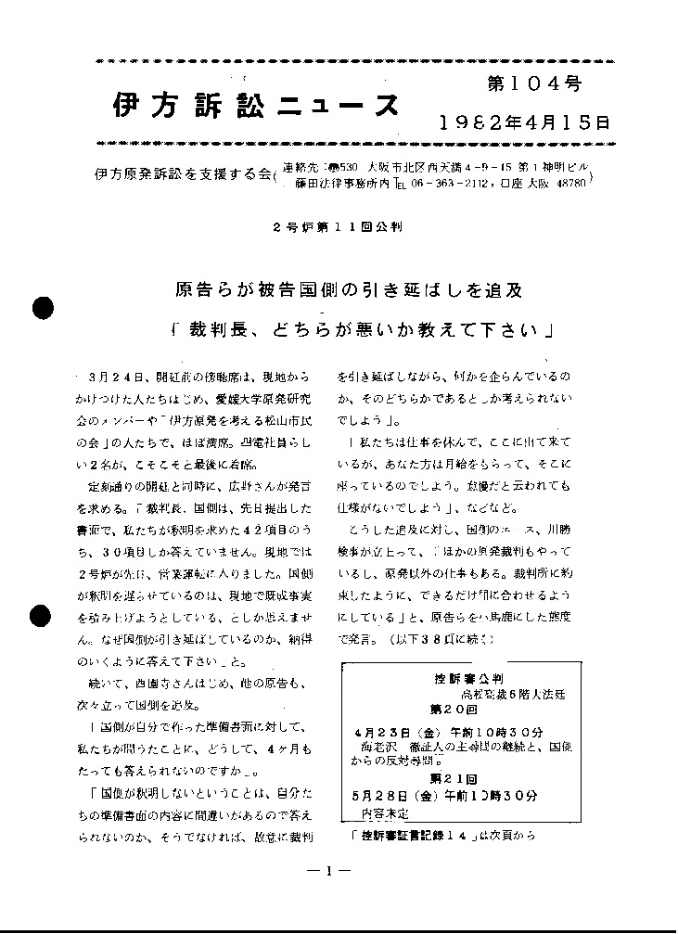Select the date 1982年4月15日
[x=524, y=122]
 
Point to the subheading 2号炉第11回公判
[x=338, y=227]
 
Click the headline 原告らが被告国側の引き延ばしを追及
[x=349, y=290]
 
